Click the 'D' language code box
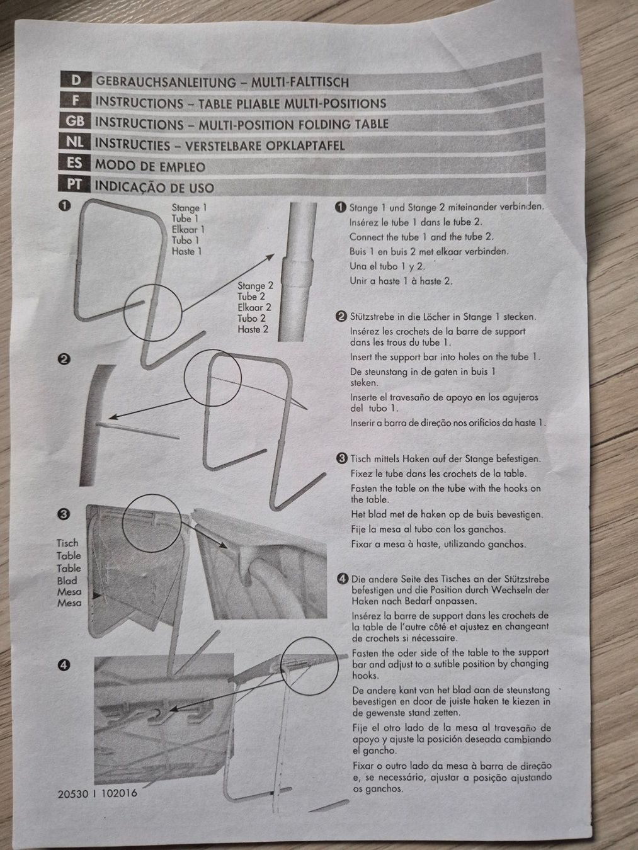[76, 81]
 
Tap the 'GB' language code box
[74, 122]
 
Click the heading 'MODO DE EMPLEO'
[150, 166]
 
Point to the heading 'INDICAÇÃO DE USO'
[154, 187]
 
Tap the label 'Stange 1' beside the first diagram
[189, 208]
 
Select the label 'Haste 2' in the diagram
[253, 329]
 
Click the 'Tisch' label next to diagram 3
[67, 543]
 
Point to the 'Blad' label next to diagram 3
[67, 581]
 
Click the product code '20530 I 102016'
[97, 794]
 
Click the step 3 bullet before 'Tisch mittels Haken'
[341, 458]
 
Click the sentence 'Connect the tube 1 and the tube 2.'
[421, 237]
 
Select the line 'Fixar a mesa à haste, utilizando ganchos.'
[438, 543]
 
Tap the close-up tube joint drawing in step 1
[299, 252]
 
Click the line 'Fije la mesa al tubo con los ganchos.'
[428, 529]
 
